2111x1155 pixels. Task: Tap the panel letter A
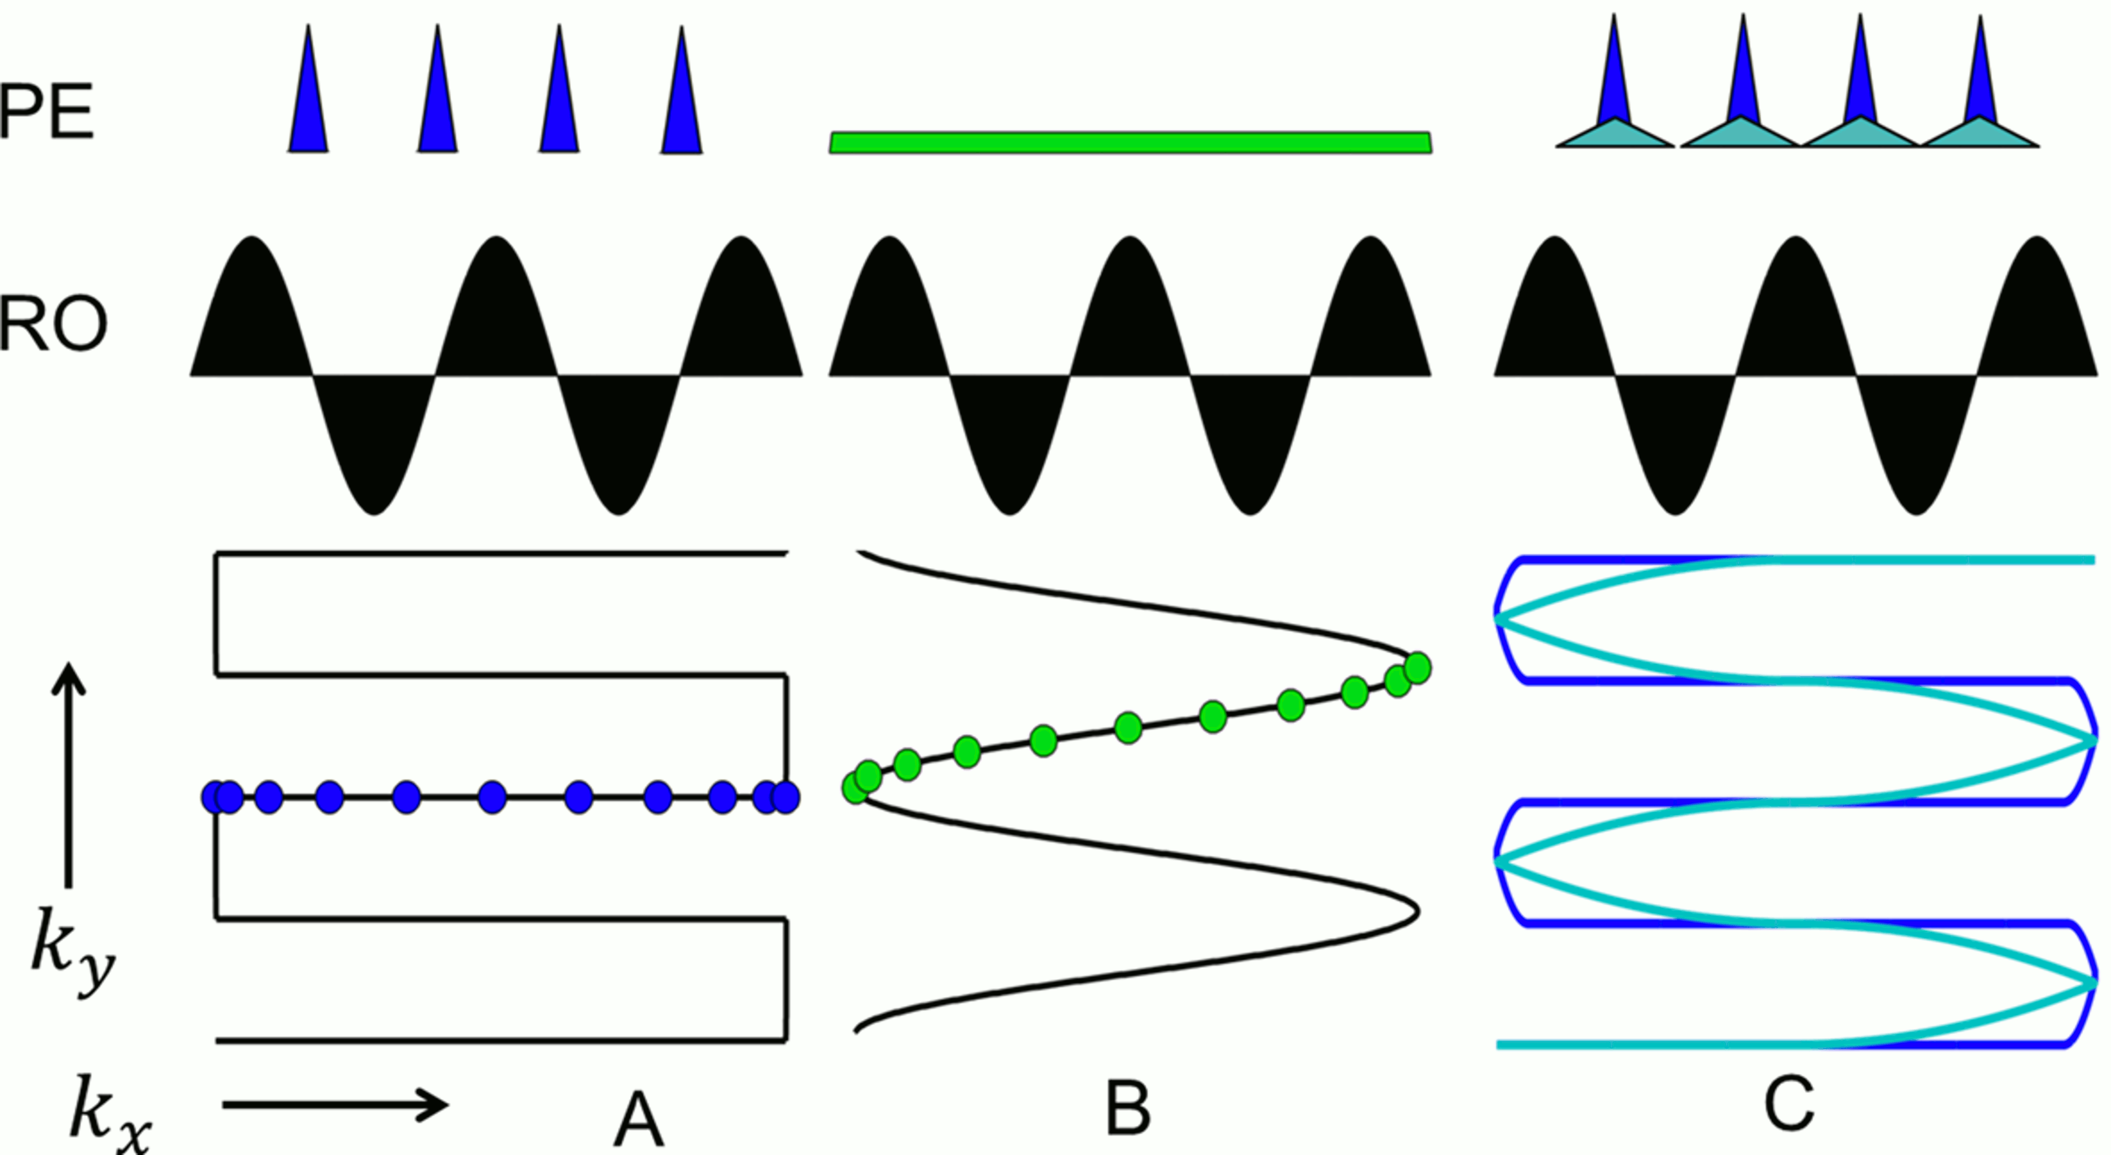click(638, 1121)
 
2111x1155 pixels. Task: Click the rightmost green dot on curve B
click(1417, 668)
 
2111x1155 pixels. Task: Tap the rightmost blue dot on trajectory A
click(786, 797)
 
